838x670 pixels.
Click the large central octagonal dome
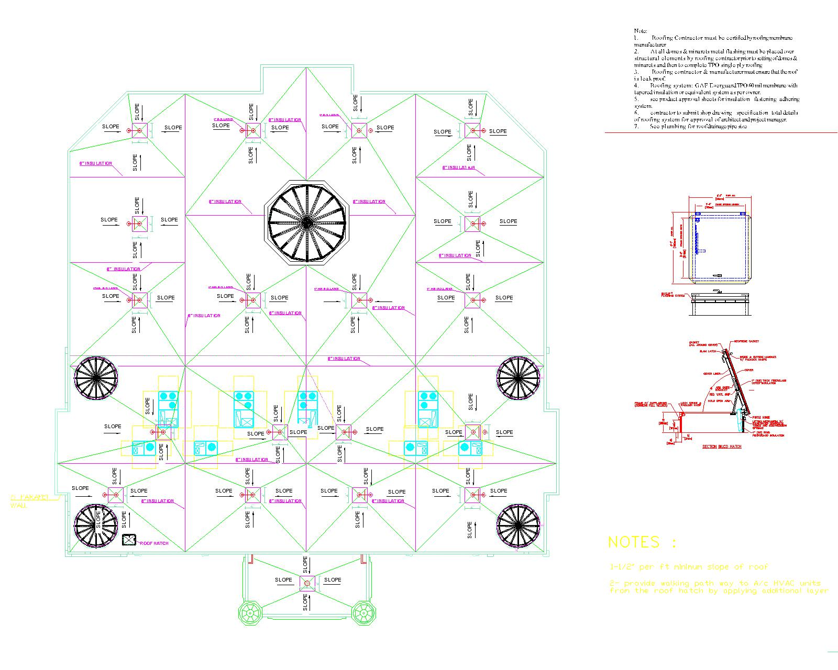tap(307, 223)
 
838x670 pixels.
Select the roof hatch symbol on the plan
tap(129, 540)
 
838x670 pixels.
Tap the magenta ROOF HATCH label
tap(154, 543)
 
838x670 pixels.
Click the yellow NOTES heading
tap(642, 542)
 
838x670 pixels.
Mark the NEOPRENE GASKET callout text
tap(747, 341)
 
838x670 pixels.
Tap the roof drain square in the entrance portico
tap(307, 583)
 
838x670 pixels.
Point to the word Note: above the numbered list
tap(640, 31)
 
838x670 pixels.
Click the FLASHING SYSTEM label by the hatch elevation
tap(672, 295)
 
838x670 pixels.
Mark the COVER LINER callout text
tap(712, 374)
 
